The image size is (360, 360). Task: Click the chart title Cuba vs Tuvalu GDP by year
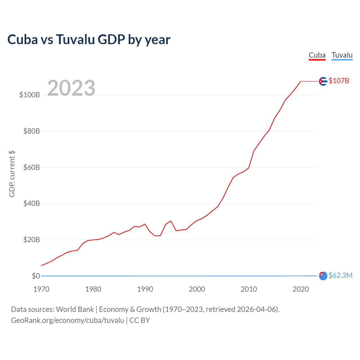89,39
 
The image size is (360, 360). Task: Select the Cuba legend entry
317,55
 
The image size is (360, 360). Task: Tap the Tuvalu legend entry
342,55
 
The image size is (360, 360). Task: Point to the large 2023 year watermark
71,88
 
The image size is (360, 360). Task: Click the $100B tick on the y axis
30,95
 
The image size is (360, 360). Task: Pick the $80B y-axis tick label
31,131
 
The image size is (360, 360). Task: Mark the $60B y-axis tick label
31,167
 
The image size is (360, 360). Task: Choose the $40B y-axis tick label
31,203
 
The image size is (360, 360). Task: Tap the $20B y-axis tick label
31,240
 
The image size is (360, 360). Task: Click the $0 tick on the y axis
36,276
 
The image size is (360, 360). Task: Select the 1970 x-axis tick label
41,289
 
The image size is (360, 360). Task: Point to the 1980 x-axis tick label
93,289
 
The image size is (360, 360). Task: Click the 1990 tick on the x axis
145,289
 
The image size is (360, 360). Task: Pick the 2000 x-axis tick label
197,289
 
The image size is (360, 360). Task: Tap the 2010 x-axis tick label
249,289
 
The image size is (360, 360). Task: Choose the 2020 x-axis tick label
301,289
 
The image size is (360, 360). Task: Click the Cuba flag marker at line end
323,81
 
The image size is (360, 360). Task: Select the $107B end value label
339,81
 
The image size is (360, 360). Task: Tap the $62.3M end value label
340,275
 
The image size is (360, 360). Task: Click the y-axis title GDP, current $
12,174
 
